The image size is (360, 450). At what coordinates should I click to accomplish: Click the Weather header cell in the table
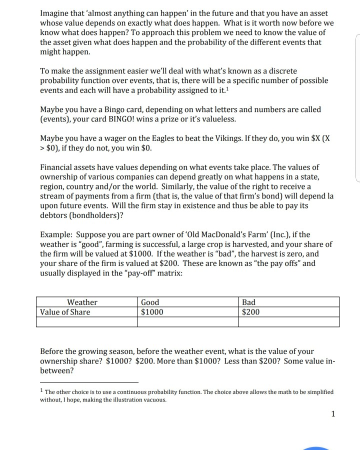pos(82,302)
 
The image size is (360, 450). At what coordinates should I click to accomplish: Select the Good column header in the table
pos(150,302)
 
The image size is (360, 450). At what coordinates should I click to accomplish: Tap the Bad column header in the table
pos(248,302)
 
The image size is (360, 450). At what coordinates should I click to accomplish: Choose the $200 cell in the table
pos(250,312)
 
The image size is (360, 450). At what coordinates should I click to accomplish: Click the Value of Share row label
pos(65,312)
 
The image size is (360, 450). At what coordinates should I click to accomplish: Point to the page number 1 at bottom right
pos(333,413)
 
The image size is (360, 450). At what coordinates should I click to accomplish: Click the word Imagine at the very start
pos(56,13)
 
